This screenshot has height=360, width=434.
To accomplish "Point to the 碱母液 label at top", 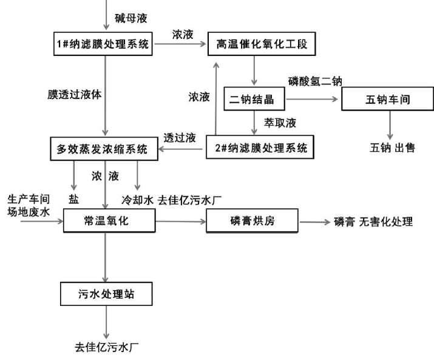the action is [131, 18].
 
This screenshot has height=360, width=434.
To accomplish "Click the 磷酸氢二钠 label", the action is [315, 81].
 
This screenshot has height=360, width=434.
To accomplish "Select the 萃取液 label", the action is [280, 123].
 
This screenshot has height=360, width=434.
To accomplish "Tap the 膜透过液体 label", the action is [75, 95].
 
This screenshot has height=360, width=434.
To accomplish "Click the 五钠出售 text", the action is [392, 148].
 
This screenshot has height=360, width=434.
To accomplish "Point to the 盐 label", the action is [73, 199].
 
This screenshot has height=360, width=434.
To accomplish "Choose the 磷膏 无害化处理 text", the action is [373, 222].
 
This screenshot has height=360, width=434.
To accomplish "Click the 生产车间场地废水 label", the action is [29, 205].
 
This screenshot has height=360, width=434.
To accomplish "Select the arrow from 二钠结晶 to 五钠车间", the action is [311, 99].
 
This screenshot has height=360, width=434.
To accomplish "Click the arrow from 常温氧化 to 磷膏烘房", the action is [181, 221].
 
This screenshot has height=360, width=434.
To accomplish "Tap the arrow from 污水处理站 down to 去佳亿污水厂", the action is [106, 322].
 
